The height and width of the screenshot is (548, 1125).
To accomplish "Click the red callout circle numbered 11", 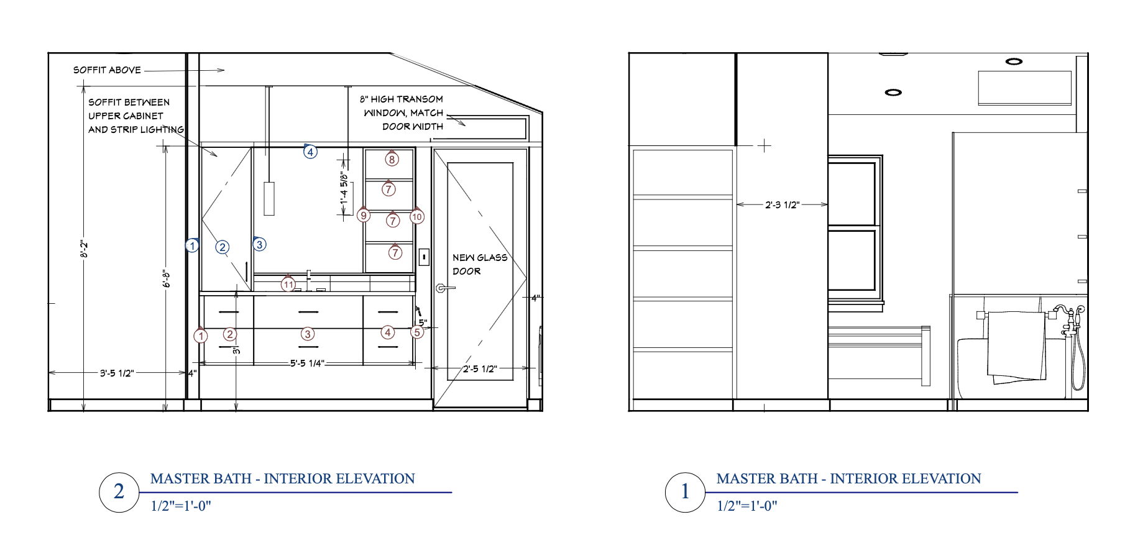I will coord(288,285).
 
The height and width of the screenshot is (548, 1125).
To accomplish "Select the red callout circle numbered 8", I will coord(392,160).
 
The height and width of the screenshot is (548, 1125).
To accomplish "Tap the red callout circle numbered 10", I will coord(417,217).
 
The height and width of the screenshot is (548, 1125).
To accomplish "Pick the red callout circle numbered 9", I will coord(364,216).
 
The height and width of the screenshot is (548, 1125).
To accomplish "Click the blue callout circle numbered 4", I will coord(310,152).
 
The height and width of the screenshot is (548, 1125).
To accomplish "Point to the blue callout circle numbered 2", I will coord(223,247).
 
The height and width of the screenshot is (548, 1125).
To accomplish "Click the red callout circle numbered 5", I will coord(417,332).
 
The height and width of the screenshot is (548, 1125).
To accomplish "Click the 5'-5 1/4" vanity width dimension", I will coord(307,363).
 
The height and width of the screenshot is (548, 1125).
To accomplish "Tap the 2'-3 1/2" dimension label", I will coord(782,204).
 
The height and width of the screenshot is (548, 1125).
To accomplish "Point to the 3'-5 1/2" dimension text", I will coord(117,373).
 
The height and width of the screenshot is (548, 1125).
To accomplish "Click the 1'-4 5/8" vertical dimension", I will coord(344,188).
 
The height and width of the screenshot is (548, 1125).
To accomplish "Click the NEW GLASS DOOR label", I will coord(479,264).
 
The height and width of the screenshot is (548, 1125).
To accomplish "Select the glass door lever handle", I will coord(444,288).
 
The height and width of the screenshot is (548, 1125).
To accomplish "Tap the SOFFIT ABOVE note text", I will coord(107,70).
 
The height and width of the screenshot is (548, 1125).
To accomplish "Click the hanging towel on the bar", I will coord(1016,347).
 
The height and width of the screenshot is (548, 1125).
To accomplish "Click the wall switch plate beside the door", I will coord(424,257).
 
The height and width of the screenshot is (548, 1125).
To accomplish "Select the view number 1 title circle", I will coord(685,492).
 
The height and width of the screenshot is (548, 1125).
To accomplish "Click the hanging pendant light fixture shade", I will coord(269,198).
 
